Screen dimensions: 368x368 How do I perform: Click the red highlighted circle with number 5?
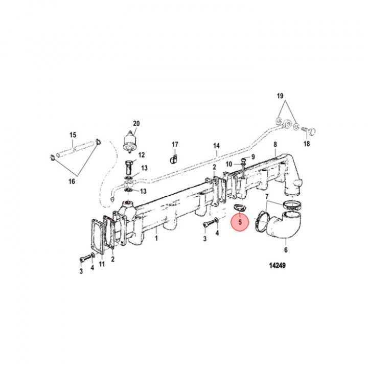pos(239,223)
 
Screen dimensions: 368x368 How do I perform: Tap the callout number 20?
pos(136,123)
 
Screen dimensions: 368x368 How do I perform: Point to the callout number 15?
pos(73,135)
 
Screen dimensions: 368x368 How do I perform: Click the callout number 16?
pos(72,181)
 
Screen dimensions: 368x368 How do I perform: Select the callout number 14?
pos(216,146)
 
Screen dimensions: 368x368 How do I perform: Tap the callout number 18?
pos(307,145)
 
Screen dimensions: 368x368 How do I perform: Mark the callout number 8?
pos(275,145)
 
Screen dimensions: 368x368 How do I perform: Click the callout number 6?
pos(286,250)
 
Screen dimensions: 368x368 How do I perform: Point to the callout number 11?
pos(102,264)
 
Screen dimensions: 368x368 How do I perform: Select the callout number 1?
pos(157,239)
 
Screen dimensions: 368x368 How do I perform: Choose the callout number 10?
pos(229,164)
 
